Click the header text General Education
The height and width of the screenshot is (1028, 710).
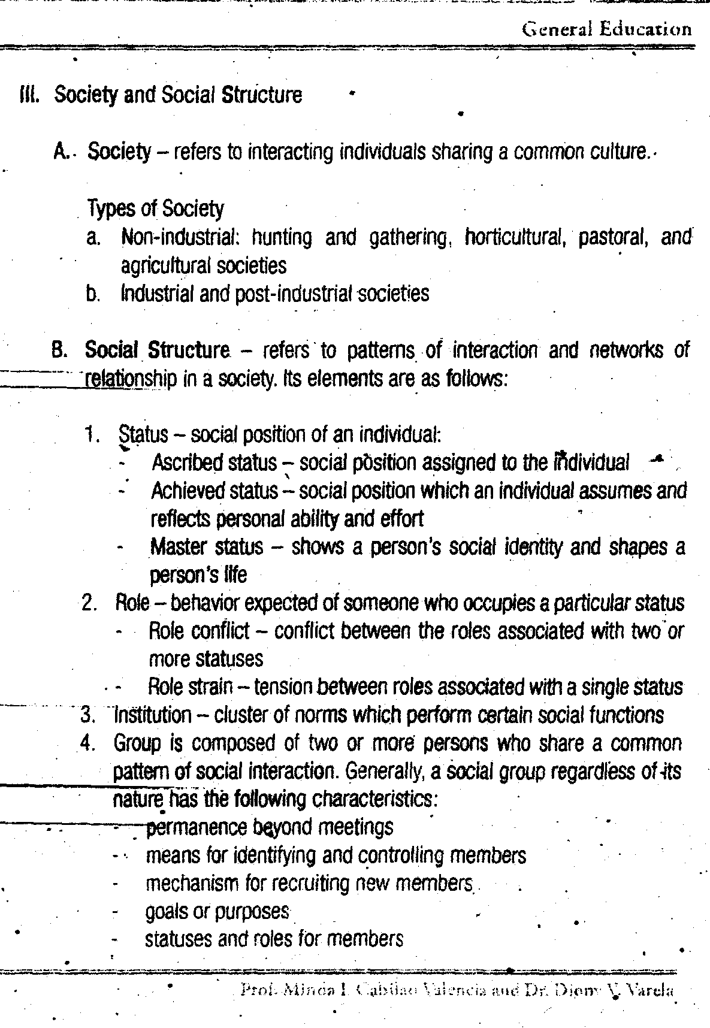(607, 29)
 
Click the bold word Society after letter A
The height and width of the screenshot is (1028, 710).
(119, 153)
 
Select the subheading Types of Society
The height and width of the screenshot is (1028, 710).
(156, 209)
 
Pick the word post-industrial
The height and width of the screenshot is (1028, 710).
(295, 294)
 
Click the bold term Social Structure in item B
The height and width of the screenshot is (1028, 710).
(158, 350)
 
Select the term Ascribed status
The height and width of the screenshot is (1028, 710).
(214, 462)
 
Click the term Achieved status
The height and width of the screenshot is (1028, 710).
(214, 491)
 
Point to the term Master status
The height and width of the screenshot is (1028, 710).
(207, 547)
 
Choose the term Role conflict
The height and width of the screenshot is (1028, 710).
(198, 631)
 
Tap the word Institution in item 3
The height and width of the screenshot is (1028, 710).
(153, 715)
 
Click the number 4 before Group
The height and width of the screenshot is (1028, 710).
(88, 743)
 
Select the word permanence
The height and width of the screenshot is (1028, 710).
(189, 827)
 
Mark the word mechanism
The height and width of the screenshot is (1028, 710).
(192, 883)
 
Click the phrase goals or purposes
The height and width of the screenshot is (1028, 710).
(217, 911)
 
